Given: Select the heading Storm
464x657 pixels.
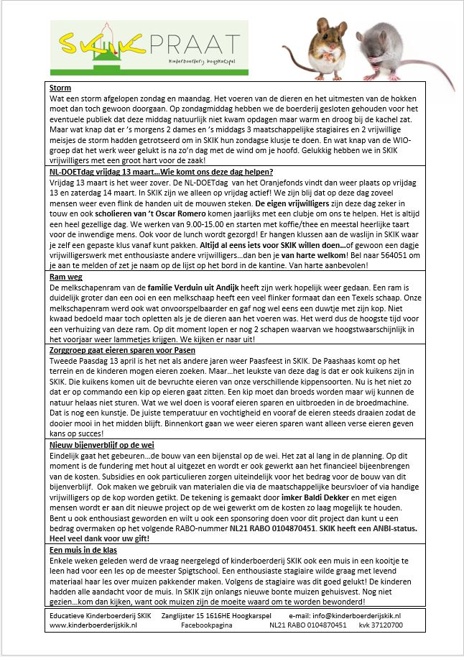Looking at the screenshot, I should [x=61, y=88].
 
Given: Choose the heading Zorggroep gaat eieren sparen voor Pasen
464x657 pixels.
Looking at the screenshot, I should [x=122, y=349].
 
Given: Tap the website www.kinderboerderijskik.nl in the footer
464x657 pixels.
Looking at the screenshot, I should [x=93, y=625].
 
